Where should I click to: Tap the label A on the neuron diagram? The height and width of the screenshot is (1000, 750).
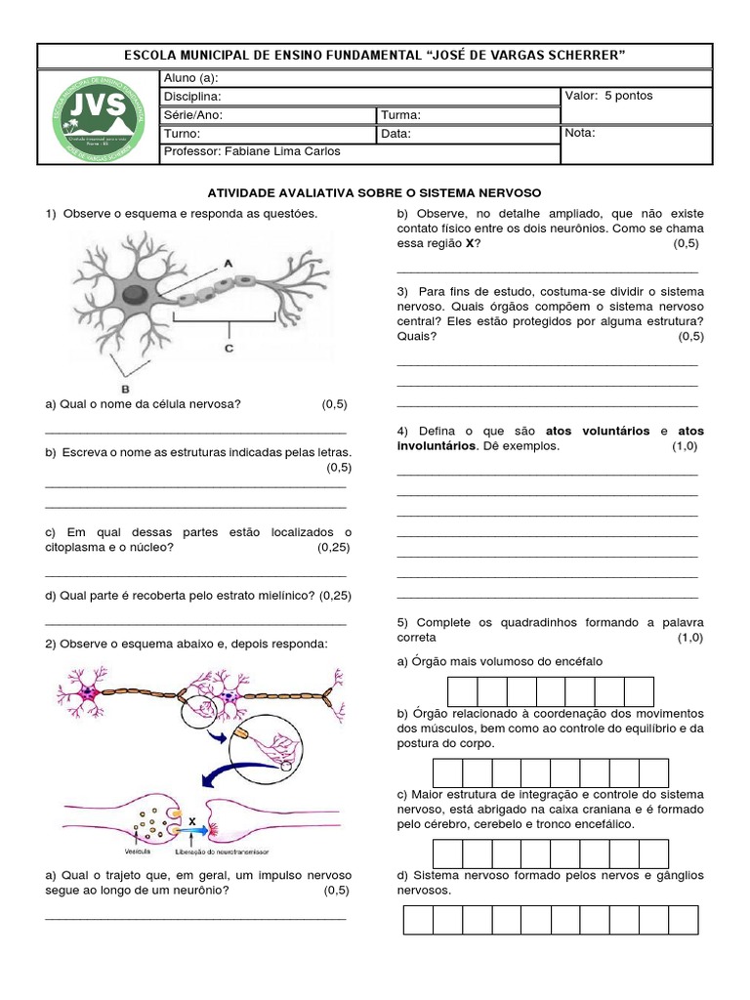(228, 263)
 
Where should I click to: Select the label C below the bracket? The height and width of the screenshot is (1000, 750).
(229, 347)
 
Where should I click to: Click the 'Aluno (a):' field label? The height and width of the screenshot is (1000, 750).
(191, 78)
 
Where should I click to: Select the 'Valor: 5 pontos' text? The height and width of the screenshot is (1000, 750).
(609, 96)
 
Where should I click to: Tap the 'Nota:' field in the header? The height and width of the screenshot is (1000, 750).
(580, 133)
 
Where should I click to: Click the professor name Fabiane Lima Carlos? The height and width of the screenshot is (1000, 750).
(254, 152)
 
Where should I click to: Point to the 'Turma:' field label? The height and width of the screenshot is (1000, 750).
(400, 115)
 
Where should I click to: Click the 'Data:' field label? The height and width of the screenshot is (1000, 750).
(396, 135)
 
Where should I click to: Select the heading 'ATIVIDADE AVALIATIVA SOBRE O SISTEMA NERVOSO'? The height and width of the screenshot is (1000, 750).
(375, 193)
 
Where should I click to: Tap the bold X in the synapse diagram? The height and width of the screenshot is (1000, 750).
(192, 821)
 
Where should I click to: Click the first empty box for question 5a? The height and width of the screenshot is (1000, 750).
(463, 691)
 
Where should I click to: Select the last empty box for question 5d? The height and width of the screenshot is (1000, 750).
(684, 920)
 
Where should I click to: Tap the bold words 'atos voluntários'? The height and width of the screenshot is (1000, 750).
(597, 431)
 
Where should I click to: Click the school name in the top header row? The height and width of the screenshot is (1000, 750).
(375, 55)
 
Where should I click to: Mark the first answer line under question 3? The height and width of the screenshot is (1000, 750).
(547, 363)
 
